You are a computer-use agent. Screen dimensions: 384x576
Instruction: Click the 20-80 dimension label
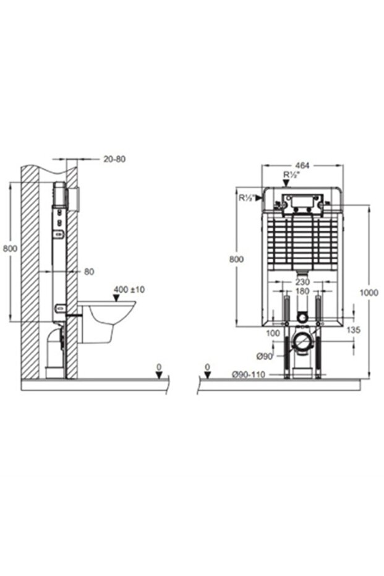coord(114,159)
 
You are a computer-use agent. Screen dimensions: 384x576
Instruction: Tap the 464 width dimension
coord(302,166)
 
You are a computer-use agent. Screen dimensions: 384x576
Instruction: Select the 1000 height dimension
coord(369,293)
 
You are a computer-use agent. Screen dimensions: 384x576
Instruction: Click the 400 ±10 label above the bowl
coord(129,290)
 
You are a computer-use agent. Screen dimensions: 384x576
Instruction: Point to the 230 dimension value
coord(302,282)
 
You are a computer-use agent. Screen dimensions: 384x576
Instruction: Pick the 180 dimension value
coord(302,291)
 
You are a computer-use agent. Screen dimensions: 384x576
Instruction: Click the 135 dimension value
coord(353,330)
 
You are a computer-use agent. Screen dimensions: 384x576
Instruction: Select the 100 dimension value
coord(273,333)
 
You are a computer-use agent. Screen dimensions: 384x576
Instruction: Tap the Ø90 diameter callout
coord(264,356)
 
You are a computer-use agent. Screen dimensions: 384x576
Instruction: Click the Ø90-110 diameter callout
coord(249,375)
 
